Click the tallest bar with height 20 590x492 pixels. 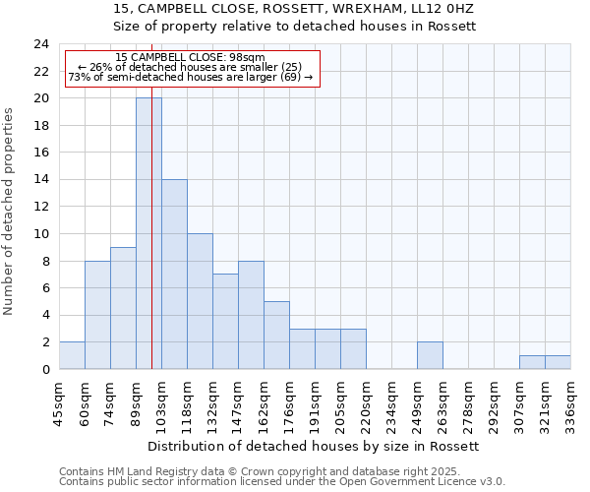point(148,233)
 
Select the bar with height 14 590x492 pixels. point(174,274)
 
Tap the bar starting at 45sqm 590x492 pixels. point(72,355)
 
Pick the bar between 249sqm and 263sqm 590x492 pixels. point(430,355)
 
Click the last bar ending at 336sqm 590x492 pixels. point(558,362)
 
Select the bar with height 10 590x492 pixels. point(200,301)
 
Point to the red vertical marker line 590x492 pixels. point(152,246)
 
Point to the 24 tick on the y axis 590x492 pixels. point(41,44)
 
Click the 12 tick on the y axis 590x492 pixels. point(41,207)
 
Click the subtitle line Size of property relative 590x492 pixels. point(294,27)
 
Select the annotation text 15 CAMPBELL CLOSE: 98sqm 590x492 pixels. point(190,57)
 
